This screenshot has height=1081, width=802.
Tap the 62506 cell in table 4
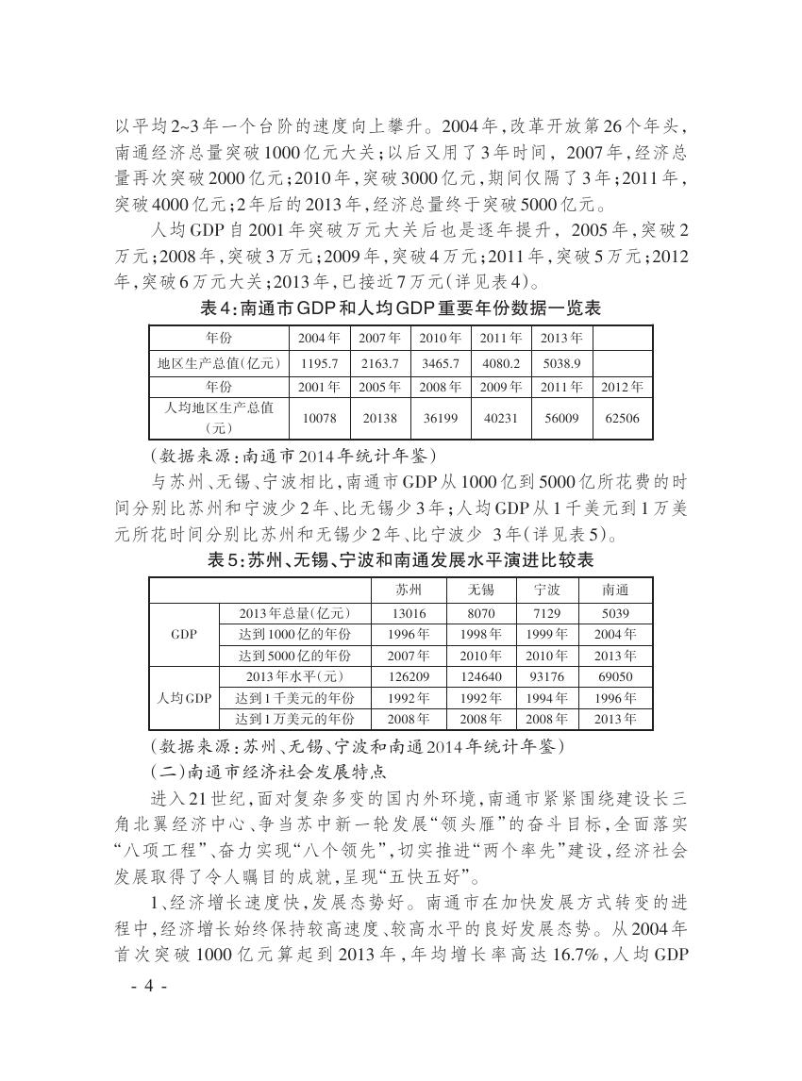[x=623, y=417]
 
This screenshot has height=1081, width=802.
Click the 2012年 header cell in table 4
[x=623, y=387]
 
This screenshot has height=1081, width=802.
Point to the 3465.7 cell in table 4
[x=440, y=363]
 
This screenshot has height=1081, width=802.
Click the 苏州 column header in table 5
[x=409, y=590]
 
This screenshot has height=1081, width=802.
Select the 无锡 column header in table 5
[x=481, y=590]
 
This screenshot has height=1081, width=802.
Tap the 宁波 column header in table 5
[x=547, y=590]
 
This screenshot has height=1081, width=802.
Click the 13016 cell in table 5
[x=409, y=613]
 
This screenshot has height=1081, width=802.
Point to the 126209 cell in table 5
[x=409, y=676]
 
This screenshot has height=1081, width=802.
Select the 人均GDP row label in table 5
[x=184, y=698]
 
